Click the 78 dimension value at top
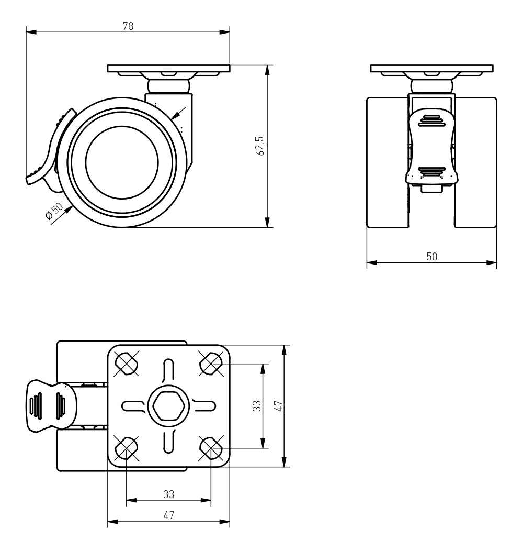point(128,27)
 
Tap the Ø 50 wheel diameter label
point(54,212)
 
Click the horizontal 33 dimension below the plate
point(168,493)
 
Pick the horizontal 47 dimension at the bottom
point(168,515)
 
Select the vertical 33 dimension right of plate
point(256,406)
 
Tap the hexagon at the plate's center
point(168,405)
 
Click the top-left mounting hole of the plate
point(126,362)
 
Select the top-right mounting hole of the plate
point(211,362)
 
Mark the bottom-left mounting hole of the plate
point(126,448)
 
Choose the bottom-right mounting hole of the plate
point(211,448)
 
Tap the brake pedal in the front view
point(431,149)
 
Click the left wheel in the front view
point(387,162)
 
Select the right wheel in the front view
point(475,162)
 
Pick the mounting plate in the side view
point(168,68)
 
